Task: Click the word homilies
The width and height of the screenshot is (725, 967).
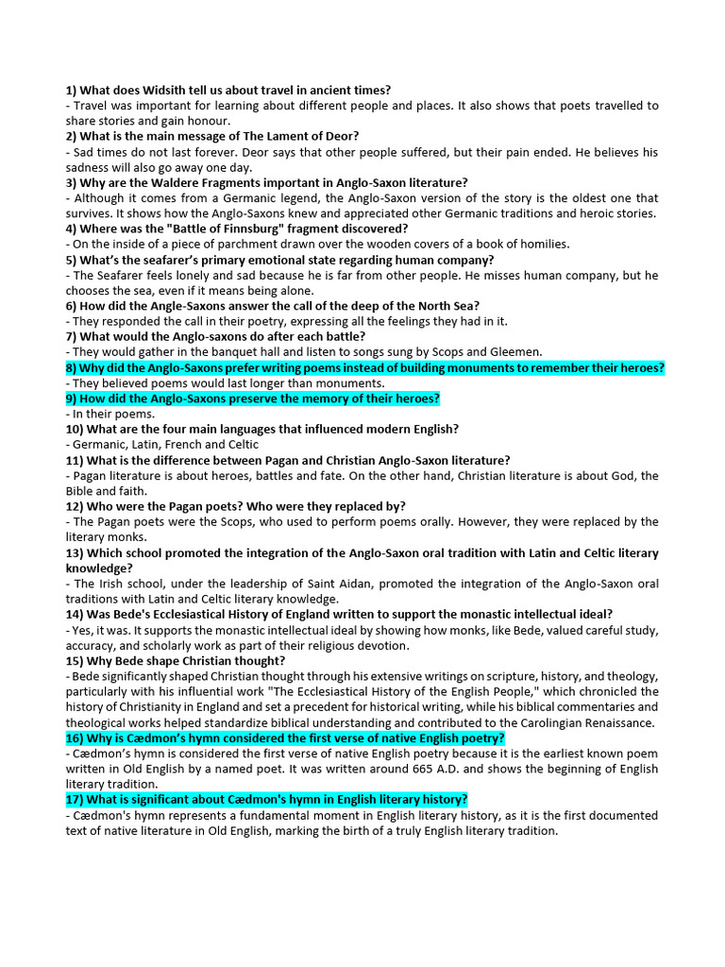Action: pos(542,244)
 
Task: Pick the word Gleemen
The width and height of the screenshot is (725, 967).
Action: pos(515,351)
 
